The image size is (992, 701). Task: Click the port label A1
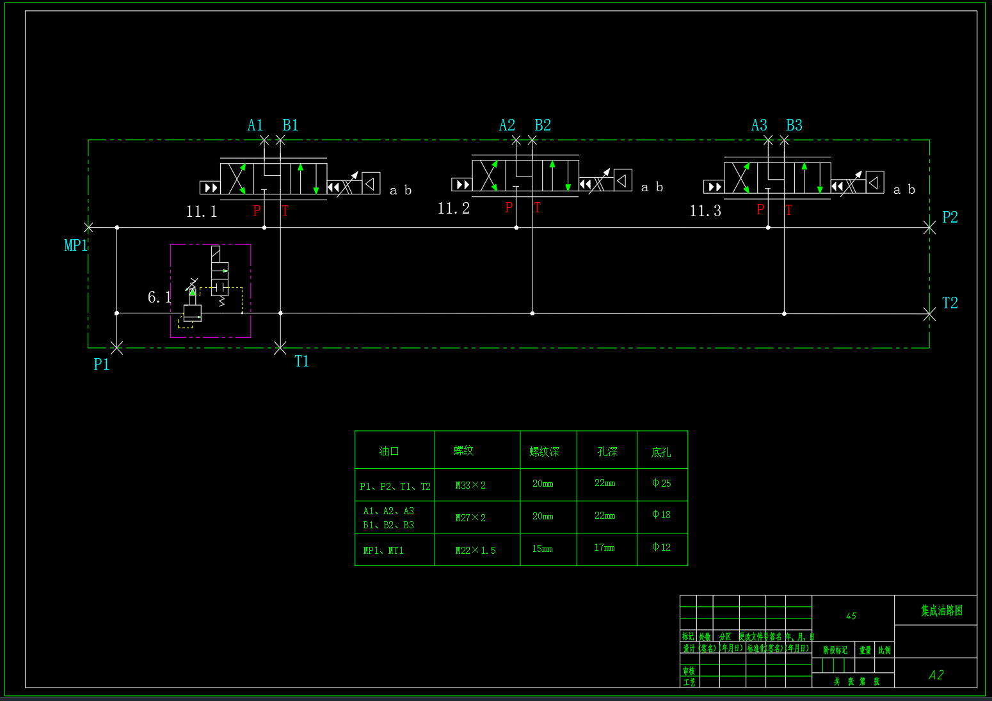tap(255, 125)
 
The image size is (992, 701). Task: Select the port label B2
tap(543, 125)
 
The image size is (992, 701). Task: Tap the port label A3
tap(759, 125)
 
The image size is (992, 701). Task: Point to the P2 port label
tap(950, 217)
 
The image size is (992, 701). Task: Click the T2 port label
tap(950, 303)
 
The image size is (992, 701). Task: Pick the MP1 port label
tap(76, 246)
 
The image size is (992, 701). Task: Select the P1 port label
tap(101, 365)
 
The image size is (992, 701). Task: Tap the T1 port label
tap(301, 362)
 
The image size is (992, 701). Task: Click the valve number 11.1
tap(202, 212)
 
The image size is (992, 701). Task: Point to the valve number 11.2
tap(453, 209)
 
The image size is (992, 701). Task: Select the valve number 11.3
tap(705, 211)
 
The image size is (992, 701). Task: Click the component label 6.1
tap(159, 297)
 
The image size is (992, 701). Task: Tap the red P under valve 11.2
tap(509, 207)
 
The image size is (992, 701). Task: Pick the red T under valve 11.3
tap(789, 210)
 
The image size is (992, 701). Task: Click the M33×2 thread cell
tap(470, 485)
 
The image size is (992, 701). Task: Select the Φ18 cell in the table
tap(661, 515)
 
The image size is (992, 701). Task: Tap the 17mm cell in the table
tap(604, 547)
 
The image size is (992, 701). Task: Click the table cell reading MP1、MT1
tap(383, 551)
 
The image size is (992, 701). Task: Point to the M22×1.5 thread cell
tap(476, 551)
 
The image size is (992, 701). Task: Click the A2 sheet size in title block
tap(936, 675)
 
